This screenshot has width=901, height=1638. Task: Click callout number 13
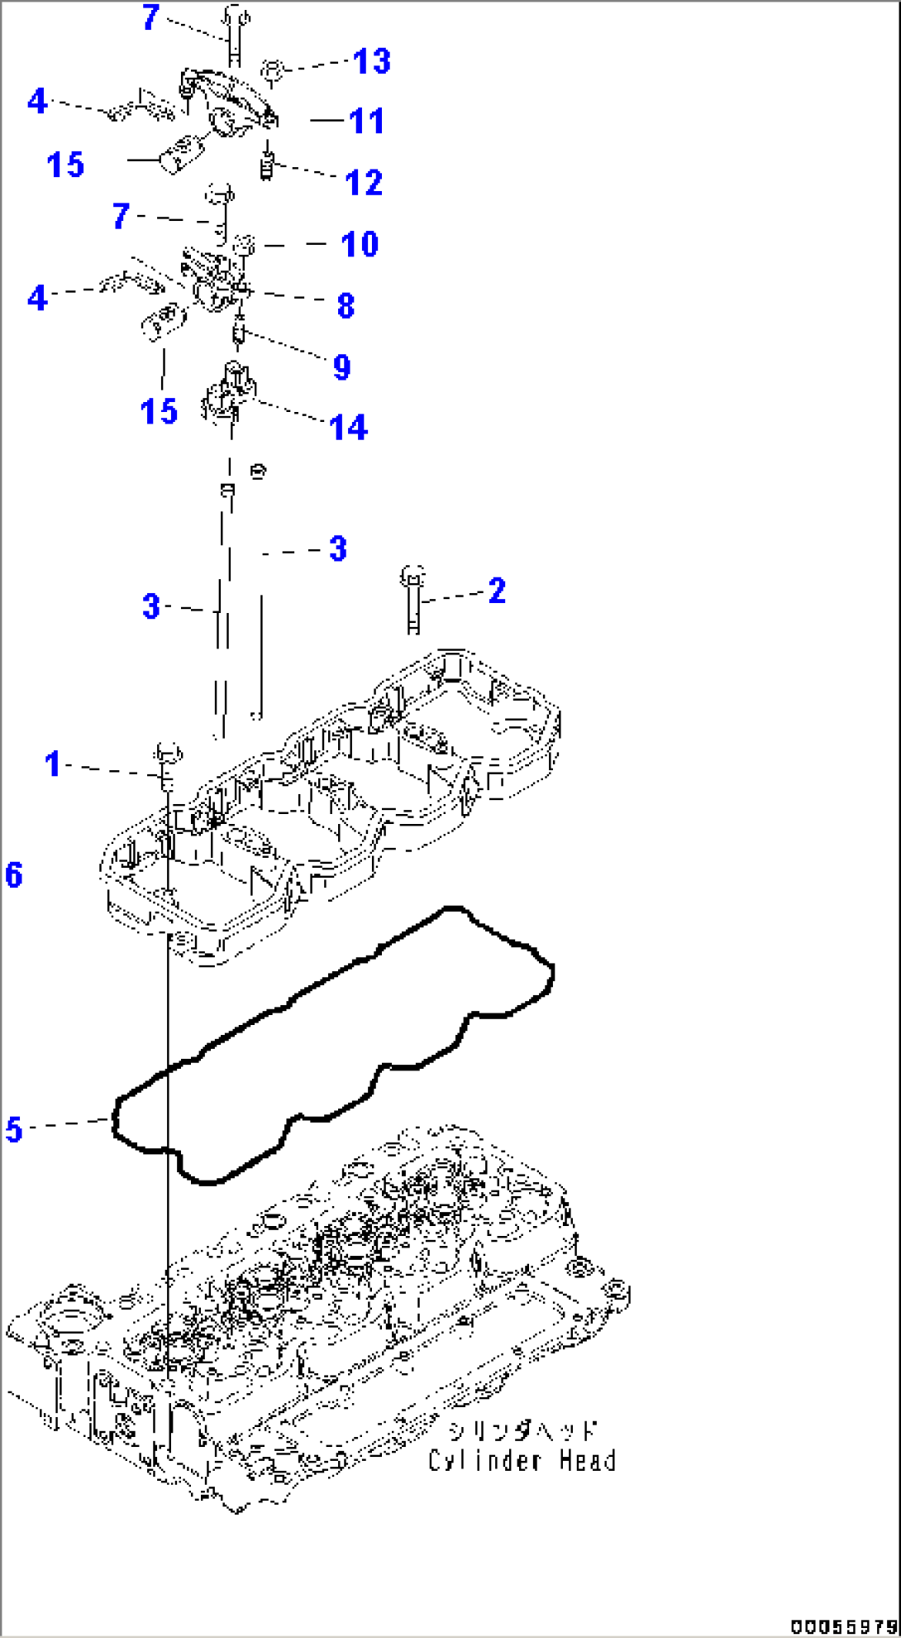coord(371,61)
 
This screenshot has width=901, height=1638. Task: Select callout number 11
coord(366,122)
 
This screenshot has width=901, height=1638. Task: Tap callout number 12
coord(364,183)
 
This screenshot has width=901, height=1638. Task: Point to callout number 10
coord(360,244)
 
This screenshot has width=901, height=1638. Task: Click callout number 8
coord(346,305)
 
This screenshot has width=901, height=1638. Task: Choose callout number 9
coord(341,366)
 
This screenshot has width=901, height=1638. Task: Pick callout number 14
coord(348,428)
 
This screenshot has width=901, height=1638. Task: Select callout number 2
coord(496,591)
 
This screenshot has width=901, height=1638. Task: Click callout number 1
coord(53,764)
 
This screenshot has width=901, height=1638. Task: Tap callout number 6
coord(14,875)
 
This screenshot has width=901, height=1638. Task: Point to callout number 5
coord(14,1130)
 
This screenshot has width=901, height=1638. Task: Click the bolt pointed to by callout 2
coord(413,602)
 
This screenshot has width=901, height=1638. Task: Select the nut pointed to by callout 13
coord(274,69)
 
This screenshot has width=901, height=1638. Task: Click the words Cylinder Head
coord(522,1461)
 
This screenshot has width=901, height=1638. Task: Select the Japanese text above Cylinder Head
coord(522,1430)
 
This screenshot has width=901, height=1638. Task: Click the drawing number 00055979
coord(843,1627)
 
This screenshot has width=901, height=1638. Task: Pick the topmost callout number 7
coord(150,17)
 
